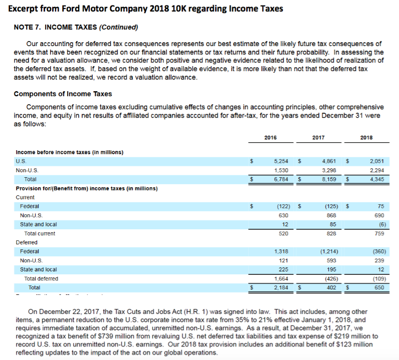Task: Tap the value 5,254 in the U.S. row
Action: tap(280, 161)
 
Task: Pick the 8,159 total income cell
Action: tap(328, 179)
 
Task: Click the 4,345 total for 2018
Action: tap(376, 179)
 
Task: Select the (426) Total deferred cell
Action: tap(329, 278)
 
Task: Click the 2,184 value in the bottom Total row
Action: tap(280, 287)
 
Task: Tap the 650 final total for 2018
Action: tap(379, 287)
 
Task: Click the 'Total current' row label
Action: tap(40, 233)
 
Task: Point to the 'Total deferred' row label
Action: tap(41, 278)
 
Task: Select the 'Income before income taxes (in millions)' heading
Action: tap(70, 152)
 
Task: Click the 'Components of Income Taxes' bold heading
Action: tap(63, 94)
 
